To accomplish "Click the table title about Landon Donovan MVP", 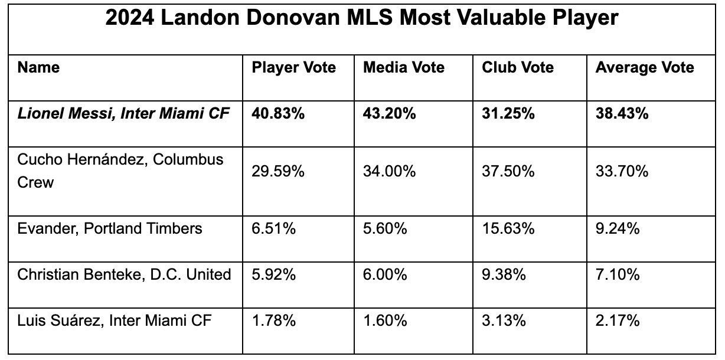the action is [x=362, y=18].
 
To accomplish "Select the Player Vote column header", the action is [x=294, y=68].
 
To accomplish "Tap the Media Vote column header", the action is [x=404, y=68].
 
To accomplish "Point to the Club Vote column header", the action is [x=518, y=68].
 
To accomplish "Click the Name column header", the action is [x=38, y=68].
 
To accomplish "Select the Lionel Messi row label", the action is [x=123, y=114].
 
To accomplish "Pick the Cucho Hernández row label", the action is [x=120, y=171].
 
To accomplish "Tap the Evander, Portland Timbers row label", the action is [x=110, y=228].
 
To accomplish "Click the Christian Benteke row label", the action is [x=125, y=274].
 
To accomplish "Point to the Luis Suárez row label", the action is [x=115, y=321].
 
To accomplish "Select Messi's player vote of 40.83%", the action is [x=278, y=114].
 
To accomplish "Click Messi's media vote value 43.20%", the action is [x=390, y=114].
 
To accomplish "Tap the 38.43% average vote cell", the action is [x=622, y=114].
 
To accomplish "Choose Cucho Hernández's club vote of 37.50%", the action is [x=508, y=171].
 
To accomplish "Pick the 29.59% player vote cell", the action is [x=278, y=171].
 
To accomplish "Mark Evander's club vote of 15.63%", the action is [x=508, y=228].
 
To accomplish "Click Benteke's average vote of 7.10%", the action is [x=618, y=274].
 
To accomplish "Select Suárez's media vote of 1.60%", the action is [x=385, y=321].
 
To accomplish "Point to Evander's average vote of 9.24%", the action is [x=618, y=228].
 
